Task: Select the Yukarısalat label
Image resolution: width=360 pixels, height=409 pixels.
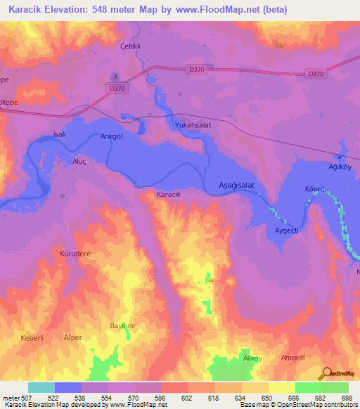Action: (x=193, y=124)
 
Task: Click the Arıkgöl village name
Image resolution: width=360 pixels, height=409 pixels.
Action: (x=112, y=136)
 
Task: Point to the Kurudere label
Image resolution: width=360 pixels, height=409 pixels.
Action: (x=75, y=253)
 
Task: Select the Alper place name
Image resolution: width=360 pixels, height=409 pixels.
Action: (x=73, y=337)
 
